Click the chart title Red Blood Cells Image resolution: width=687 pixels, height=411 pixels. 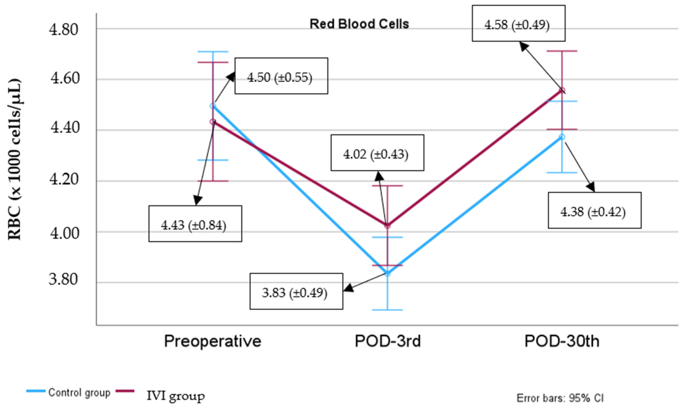(x=359, y=24)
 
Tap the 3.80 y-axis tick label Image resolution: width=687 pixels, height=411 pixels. (x=63, y=279)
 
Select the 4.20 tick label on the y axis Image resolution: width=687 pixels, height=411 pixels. (x=63, y=179)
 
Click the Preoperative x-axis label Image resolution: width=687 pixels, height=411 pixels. (x=213, y=341)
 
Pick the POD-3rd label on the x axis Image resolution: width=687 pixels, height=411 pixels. (x=387, y=341)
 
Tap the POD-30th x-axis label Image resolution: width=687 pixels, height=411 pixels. (x=562, y=341)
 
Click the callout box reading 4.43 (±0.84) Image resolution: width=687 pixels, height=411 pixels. (x=195, y=224)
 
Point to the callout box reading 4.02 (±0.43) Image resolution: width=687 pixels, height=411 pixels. (x=377, y=153)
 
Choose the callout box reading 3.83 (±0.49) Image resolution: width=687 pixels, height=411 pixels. (x=296, y=292)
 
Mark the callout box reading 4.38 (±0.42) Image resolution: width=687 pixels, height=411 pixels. (x=594, y=210)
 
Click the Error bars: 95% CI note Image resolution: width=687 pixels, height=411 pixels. (x=560, y=398)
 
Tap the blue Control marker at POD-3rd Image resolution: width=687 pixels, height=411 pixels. (x=387, y=274)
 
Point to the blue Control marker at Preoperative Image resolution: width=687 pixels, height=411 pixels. (x=213, y=106)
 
